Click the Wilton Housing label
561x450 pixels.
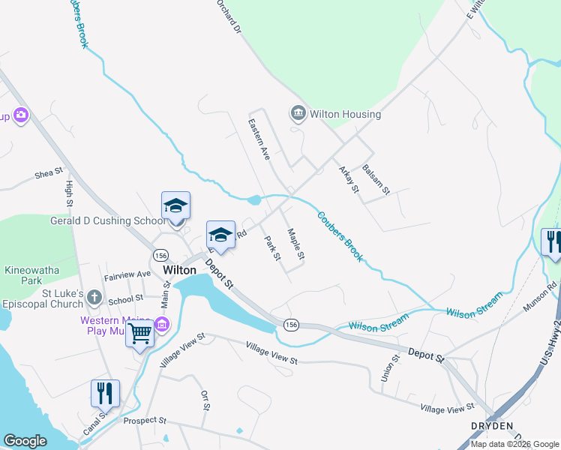346,114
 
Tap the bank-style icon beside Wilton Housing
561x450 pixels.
297,114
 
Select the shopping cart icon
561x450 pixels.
140,333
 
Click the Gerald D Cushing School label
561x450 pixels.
107,220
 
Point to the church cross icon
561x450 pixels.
94,298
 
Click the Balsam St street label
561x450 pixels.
376,180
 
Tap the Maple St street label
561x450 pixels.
296,244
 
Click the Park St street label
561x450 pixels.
272,248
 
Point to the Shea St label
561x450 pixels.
49,173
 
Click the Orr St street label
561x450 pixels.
205,400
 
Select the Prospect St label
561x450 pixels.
145,421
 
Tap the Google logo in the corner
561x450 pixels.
25,441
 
